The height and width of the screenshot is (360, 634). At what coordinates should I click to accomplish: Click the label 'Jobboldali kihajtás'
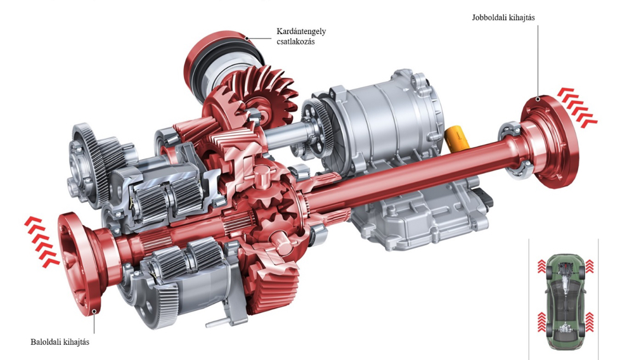[503, 18]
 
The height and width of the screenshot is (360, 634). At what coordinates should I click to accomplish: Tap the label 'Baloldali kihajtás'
[60, 342]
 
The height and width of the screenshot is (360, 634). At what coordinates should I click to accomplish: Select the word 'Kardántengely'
[301, 32]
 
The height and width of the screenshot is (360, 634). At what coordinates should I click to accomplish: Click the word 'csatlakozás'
[295, 41]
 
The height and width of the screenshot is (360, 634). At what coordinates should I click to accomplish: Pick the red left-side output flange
[79, 262]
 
